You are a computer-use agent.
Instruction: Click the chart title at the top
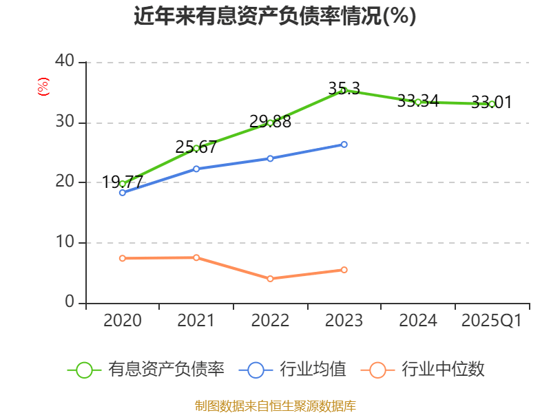tap(275, 17)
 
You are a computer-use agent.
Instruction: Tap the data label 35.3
tap(344, 88)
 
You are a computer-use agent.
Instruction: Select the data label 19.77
tap(123, 182)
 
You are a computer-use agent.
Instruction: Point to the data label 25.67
tap(196, 147)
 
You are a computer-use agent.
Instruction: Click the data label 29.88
tap(270, 122)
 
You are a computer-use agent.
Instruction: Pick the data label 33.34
tap(418, 100)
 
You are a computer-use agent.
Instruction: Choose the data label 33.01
tap(492, 103)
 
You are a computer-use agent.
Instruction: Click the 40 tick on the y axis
tap(65, 61)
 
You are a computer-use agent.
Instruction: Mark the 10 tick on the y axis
tap(65, 242)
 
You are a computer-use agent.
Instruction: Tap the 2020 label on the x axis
tap(123, 320)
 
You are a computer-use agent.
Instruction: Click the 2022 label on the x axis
tap(270, 320)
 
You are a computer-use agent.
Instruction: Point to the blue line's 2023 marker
tap(344, 145)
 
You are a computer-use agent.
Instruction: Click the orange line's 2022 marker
tap(270, 279)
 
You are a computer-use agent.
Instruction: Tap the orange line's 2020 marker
tap(123, 258)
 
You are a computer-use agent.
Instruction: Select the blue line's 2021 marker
tap(196, 169)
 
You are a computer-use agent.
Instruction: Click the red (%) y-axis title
tap(43, 87)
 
